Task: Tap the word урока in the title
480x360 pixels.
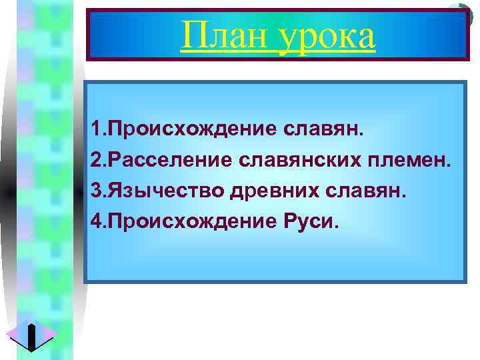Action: tap(328, 37)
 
